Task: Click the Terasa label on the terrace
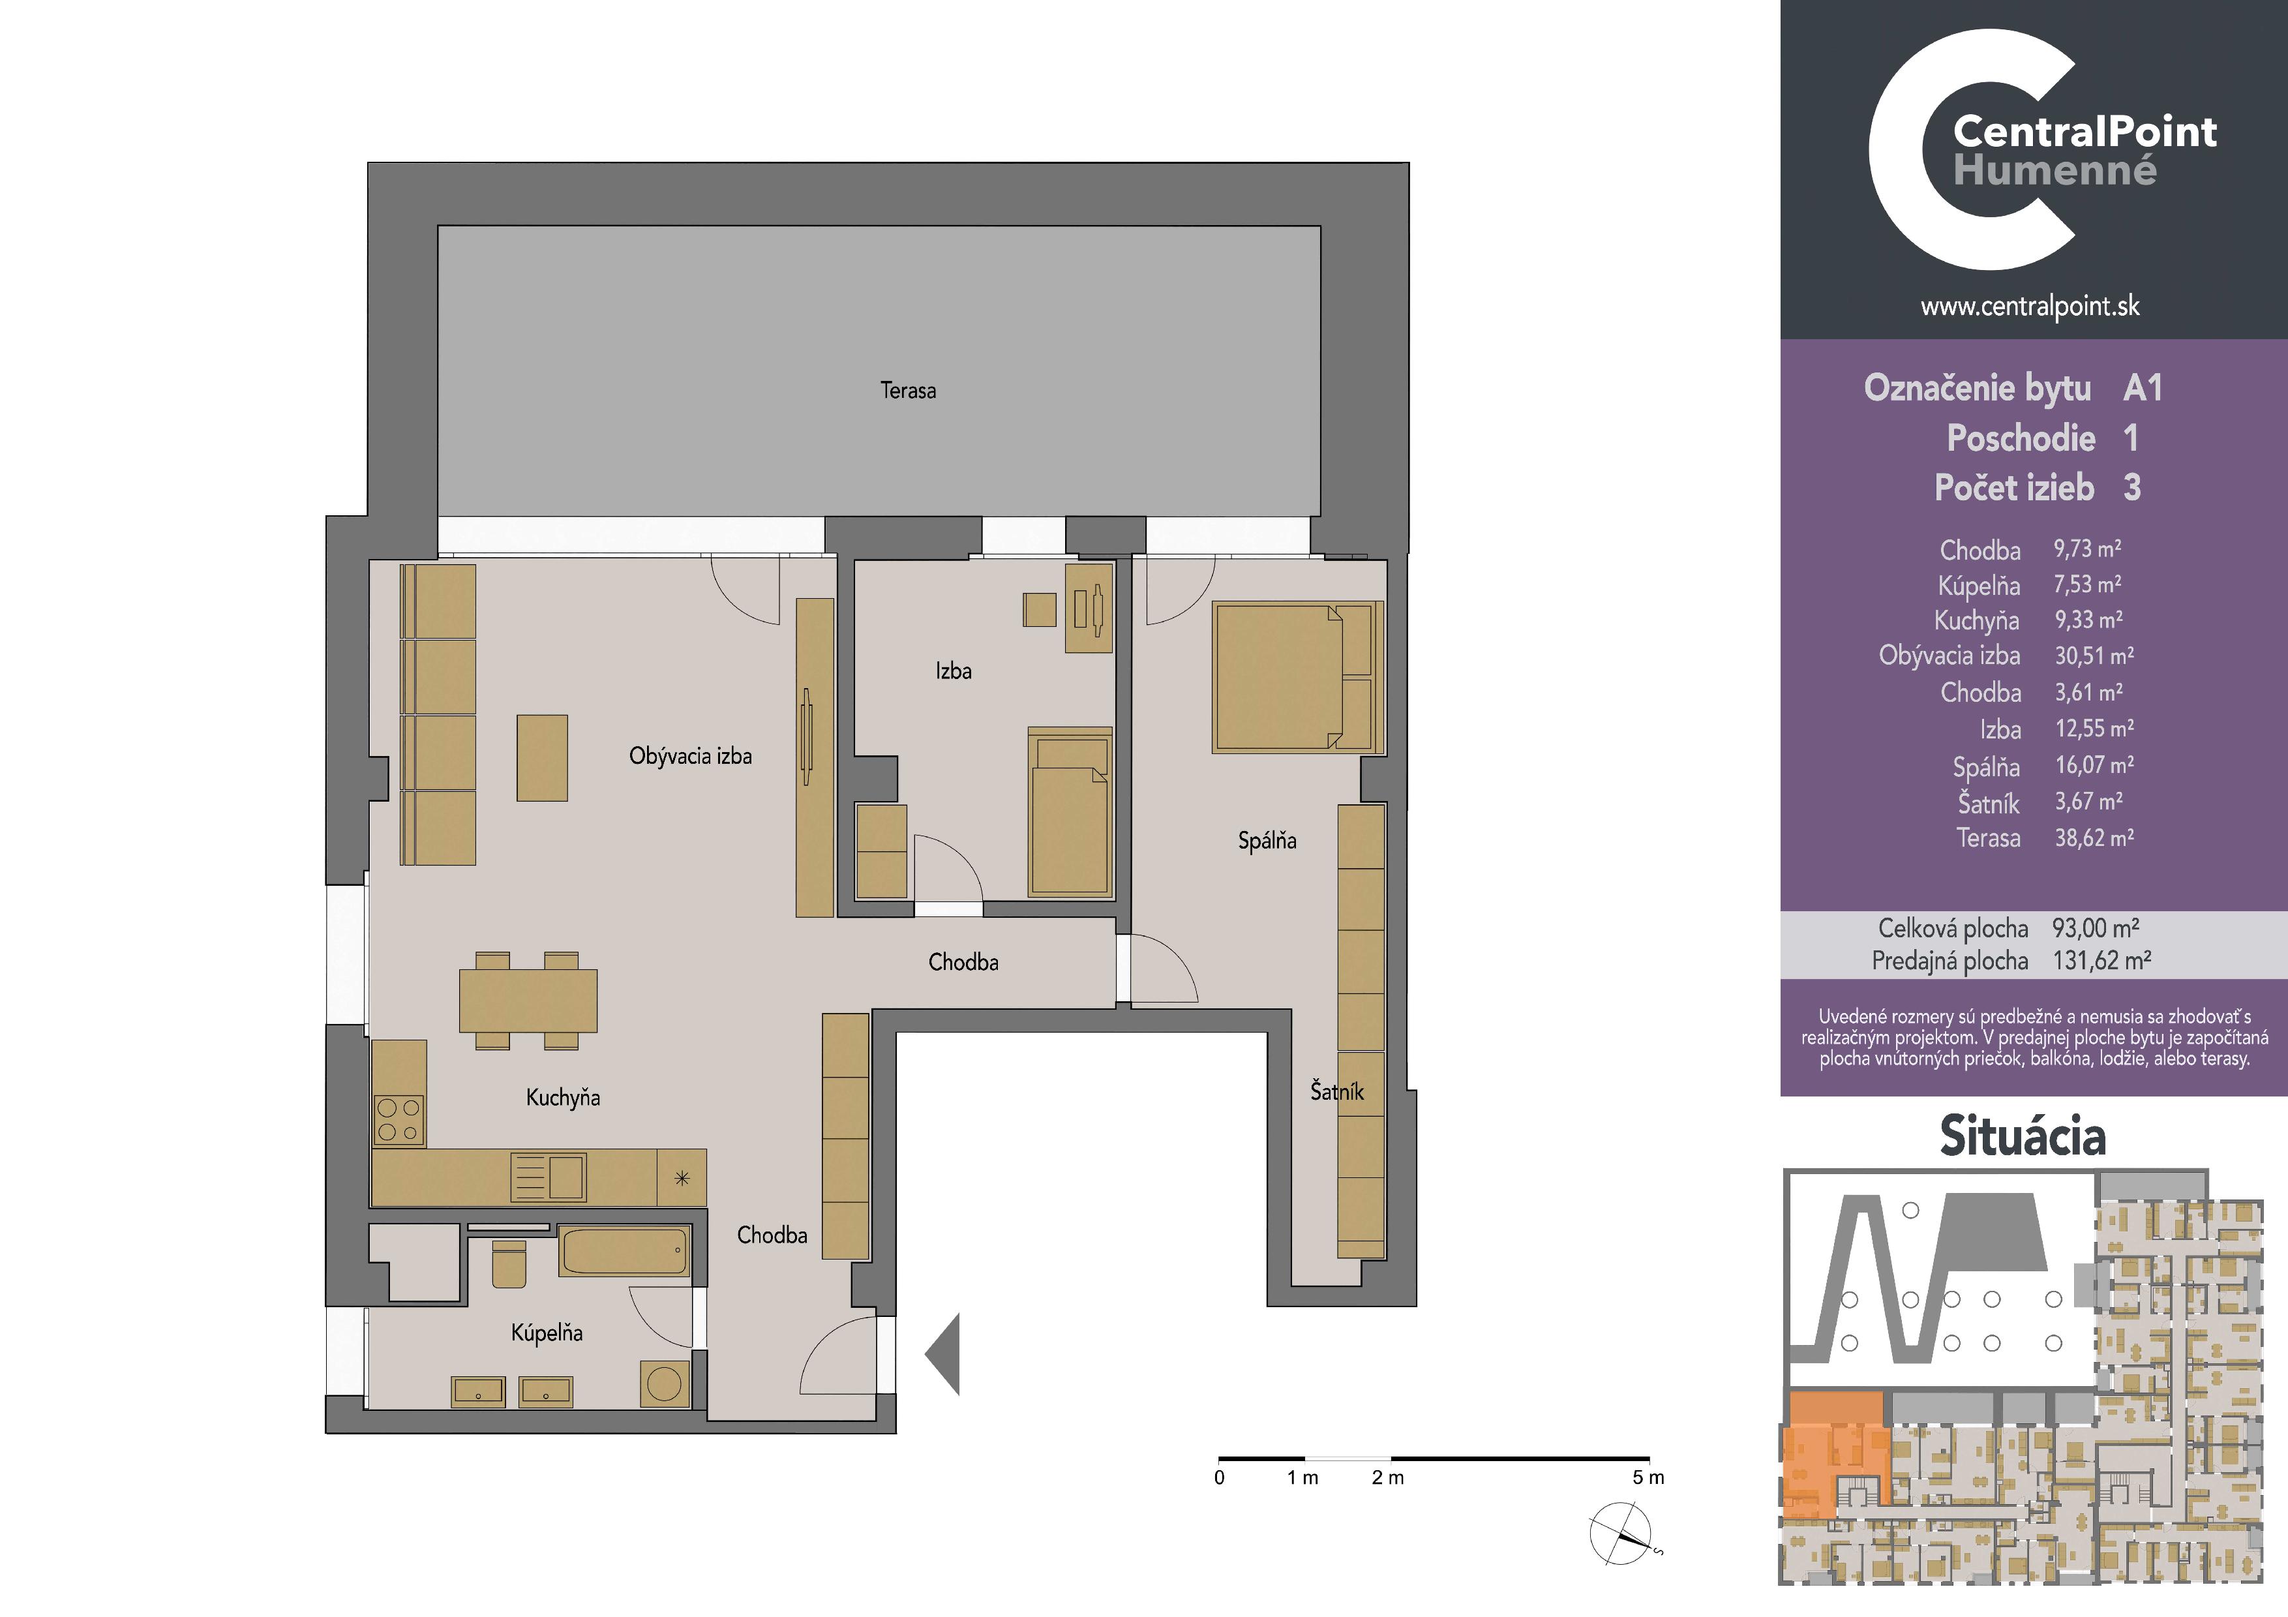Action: point(908,391)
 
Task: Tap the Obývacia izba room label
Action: point(691,756)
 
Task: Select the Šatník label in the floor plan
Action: point(1336,1091)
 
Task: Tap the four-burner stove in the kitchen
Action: point(399,1120)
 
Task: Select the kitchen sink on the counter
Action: point(548,1177)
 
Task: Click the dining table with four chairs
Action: point(528,1001)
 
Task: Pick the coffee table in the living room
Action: point(542,758)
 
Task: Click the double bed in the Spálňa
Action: point(1297,676)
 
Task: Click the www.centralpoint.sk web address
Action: point(2030,307)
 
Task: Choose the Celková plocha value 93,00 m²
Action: point(2096,929)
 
